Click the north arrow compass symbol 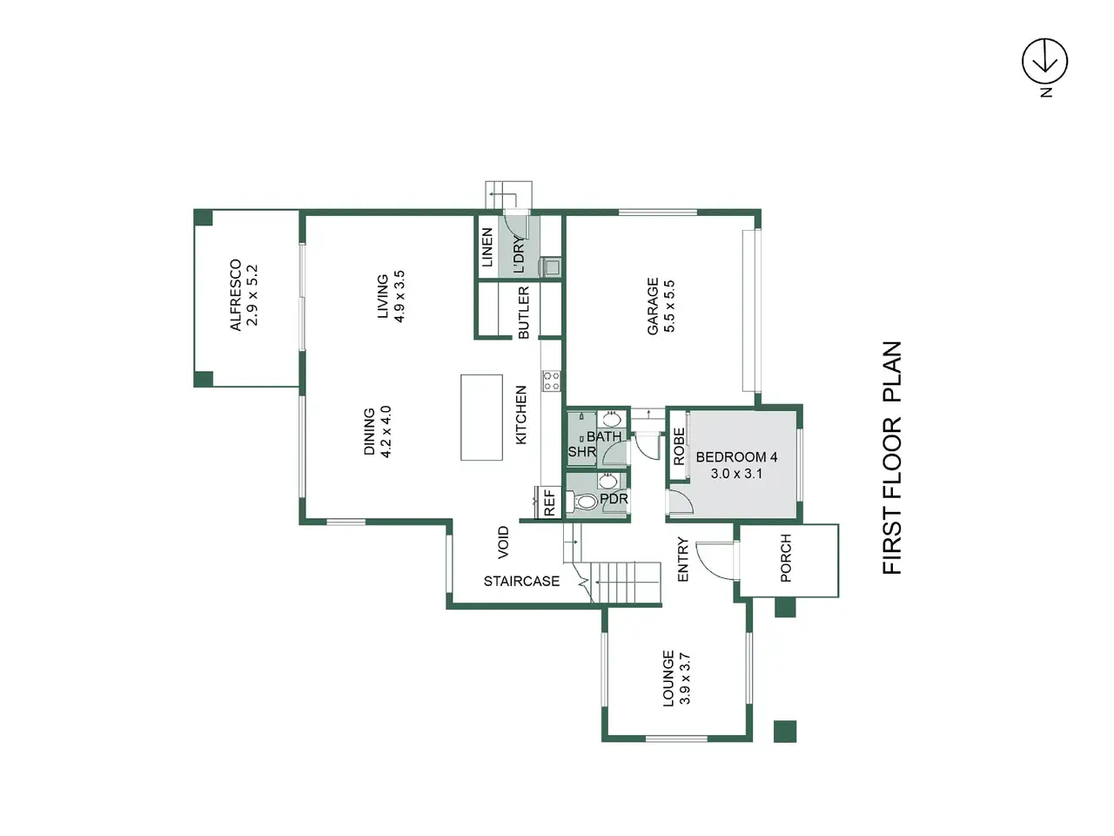[x=1044, y=62]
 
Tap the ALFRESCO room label [x=236, y=295]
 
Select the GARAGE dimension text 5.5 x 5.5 [x=669, y=306]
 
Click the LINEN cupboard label [x=487, y=247]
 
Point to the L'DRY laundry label [x=518, y=254]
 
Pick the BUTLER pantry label [x=523, y=313]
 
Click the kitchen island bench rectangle [x=481, y=417]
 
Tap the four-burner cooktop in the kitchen [x=551, y=381]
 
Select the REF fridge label [x=550, y=503]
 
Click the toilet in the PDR [x=582, y=502]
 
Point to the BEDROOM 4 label [x=736, y=457]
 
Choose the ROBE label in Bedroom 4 [x=679, y=446]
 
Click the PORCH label [x=785, y=558]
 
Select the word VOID [x=502, y=543]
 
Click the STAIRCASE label [x=521, y=581]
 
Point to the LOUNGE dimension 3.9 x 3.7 [x=685, y=678]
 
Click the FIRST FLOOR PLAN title [x=892, y=458]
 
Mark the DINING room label [x=369, y=431]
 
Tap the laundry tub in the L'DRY [x=550, y=266]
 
